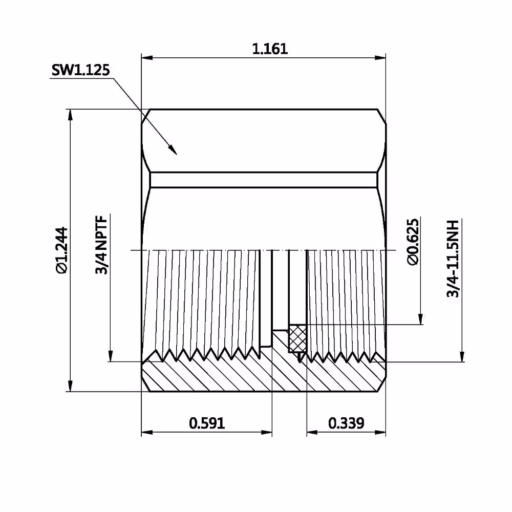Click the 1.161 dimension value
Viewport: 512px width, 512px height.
pos(270,49)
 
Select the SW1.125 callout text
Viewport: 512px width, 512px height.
pos(81,70)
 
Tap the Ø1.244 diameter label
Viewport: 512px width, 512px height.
pos(62,250)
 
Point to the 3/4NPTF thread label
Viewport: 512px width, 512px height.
pos(101,245)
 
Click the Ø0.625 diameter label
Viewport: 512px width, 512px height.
pos(413,242)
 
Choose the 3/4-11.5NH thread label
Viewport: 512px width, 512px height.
pos(453,259)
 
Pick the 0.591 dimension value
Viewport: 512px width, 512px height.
pos(207,423)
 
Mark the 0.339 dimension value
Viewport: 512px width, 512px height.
pos(346,423)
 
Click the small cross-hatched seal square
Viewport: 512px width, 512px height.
pos(297,338)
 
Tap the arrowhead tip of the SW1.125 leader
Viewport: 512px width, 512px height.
pos(176,154)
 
